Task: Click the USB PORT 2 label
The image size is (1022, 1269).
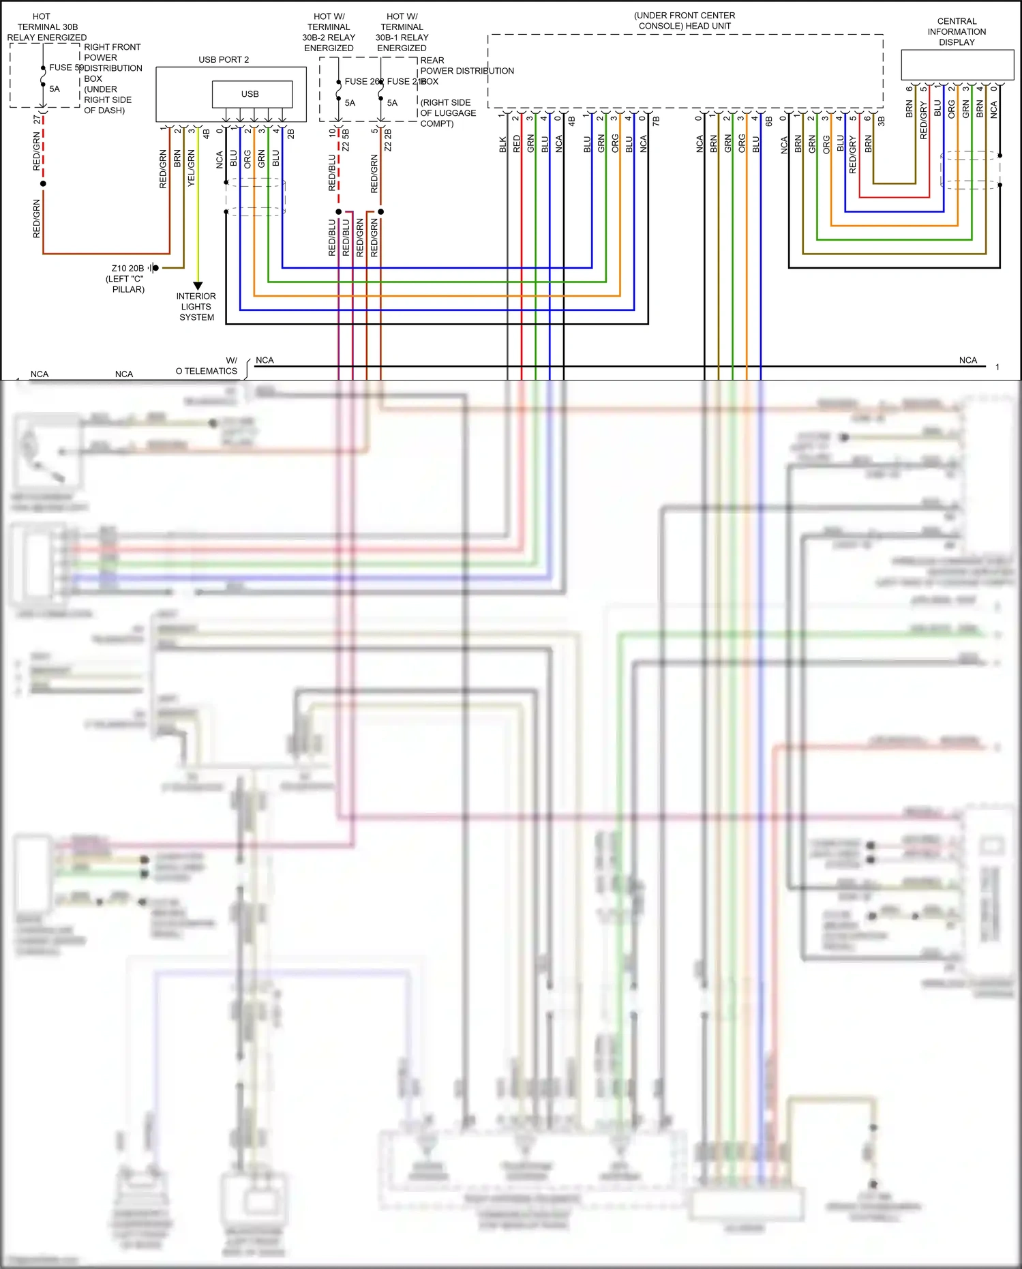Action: [x=224, y=59]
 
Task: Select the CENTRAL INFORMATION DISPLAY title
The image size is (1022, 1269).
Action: [x=957, y=31]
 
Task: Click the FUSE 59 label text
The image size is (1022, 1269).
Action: [x=65, y=68]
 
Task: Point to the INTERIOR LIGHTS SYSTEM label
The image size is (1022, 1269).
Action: [x=196, y=306]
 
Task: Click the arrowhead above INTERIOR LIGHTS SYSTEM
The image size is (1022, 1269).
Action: [x=198, y=286]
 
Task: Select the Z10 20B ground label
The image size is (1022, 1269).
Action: [x=127, y=268]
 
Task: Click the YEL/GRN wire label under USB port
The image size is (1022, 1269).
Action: [x=192, y=168]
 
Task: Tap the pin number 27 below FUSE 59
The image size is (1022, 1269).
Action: [x=37, y=119]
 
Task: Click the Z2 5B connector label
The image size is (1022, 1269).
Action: [x=346, y=140]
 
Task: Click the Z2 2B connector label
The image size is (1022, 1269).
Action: [x=388, y=140]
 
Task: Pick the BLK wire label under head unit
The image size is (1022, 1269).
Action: [x=502, y=144]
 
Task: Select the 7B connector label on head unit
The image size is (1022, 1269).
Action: [x=656, y=121]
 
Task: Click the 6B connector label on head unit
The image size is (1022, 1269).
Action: [x=769, y=121]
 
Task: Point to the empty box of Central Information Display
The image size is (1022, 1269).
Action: [x=957, y=65]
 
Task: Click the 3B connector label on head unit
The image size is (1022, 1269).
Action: [x=881, y=121]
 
